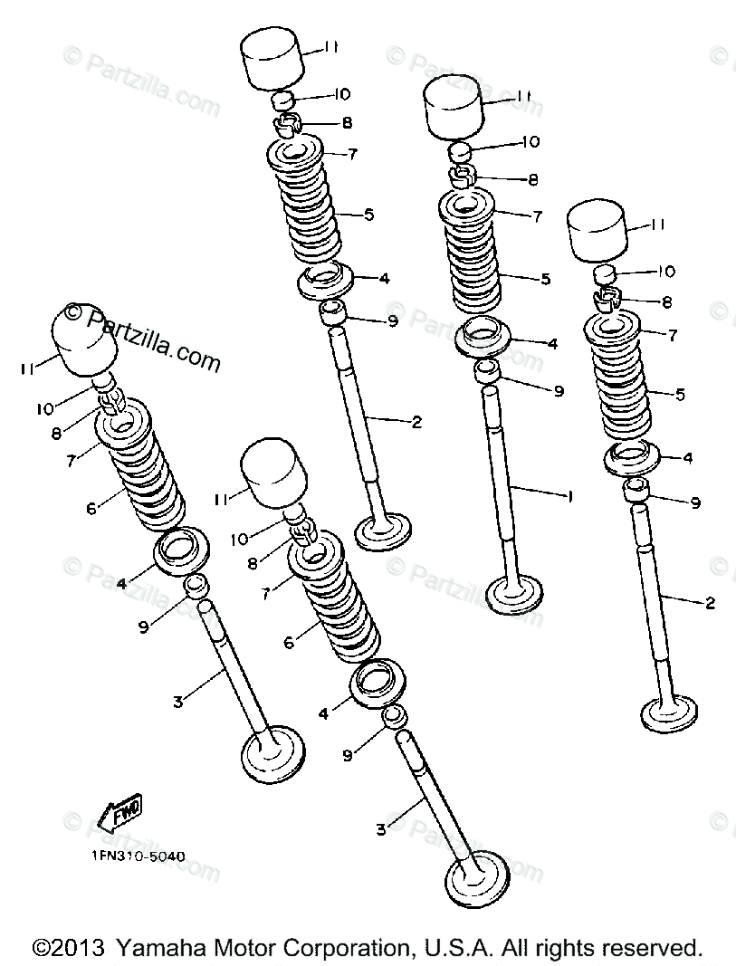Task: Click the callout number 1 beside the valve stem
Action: click(570, 496)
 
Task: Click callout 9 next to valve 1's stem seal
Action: click(559, 391)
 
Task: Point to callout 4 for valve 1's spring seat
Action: click(552, 344)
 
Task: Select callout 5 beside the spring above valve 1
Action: click(546, 280)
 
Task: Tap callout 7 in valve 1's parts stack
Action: click(538, 216)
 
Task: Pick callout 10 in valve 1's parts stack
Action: click(531, 142)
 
